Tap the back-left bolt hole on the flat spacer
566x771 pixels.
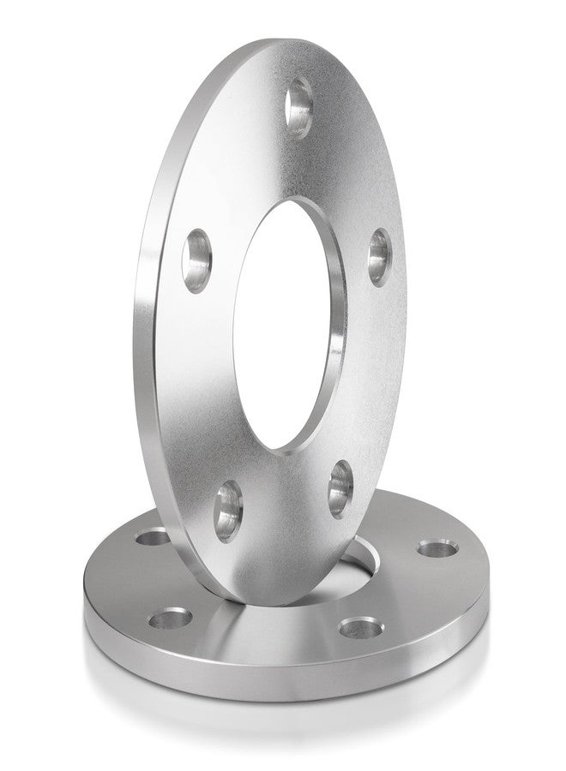154,538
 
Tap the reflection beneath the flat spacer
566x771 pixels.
283,728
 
